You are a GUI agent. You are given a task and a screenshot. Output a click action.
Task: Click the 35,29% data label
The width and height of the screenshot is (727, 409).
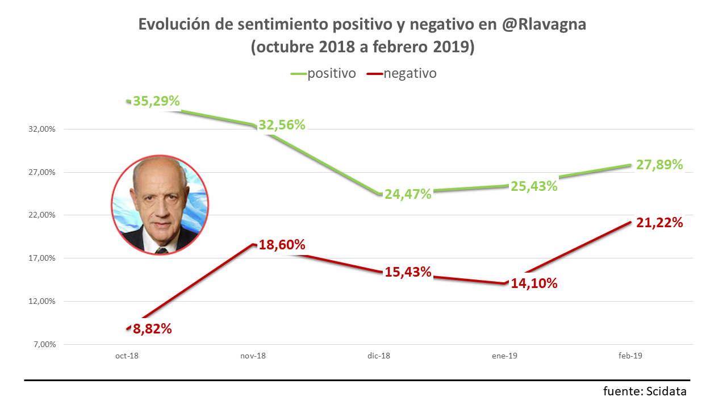pyautogui.click(x=156, y=102)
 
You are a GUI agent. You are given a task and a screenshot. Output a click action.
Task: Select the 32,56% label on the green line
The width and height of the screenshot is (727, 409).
pyautogui.click(x=282, y=125)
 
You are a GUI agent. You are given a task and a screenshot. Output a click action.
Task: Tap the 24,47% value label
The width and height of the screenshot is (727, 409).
pyautogui.click(x=408, y=194)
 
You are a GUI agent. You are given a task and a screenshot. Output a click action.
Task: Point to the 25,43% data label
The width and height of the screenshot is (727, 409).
pyautogui.click(x=534, y=186)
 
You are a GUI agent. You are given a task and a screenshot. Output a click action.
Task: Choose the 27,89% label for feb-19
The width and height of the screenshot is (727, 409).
pyautogui.click(x=659, y=165)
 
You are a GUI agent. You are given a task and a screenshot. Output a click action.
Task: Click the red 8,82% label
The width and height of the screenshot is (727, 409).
pyautogui.click(x=152, y=328)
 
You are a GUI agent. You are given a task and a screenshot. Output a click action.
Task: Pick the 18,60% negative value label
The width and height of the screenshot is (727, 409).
pyautogui.click(x=282, y=245)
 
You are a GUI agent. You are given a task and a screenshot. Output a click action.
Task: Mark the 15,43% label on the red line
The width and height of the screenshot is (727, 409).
pyautogui.click(x=408, y=272)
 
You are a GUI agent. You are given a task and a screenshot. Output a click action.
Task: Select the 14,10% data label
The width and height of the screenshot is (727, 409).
pyautogui.click(x=534, y=283)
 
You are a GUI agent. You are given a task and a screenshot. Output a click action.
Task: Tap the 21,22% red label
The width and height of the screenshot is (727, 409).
pyautogui.click(x=659, y=223)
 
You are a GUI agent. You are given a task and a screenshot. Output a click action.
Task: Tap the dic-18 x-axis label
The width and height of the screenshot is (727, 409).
pyautogui.click(x=379, y=356)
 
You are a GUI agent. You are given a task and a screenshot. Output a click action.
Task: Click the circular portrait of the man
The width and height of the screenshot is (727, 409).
pyautogui.click(x=159, y=205)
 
